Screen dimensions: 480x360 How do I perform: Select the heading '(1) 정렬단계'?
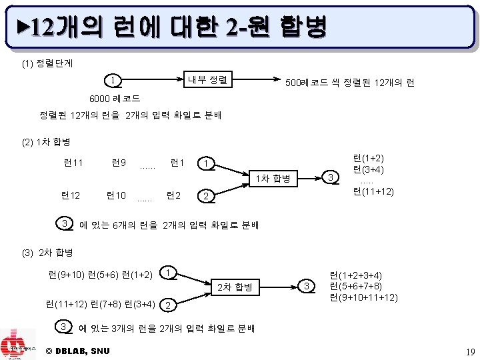tap(47, 64)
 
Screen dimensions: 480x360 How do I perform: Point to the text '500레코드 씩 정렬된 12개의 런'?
tap(349, 83)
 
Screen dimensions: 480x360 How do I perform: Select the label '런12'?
tap(70, 195)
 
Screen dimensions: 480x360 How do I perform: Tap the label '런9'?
tap(120, 162)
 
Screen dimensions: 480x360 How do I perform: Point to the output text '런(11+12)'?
tap(373, 192)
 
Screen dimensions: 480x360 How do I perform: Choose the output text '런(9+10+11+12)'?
tap(364, 297)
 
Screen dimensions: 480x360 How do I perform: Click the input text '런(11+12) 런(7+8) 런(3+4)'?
tap(100, 305)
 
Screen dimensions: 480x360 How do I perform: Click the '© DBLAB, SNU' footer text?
tap(78, 351)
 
